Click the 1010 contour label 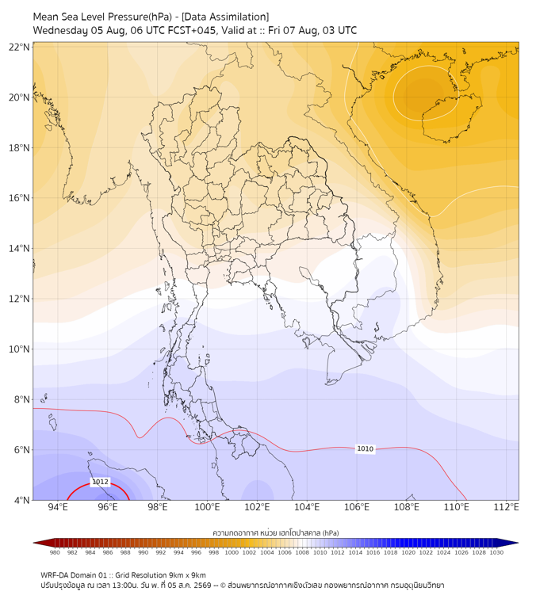(365, 448)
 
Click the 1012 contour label (100, 482)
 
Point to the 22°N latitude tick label (19, 47)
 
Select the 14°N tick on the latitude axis (19, 248)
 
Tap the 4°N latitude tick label (21, 500)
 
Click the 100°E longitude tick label (207, 507)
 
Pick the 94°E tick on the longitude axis (58, 507)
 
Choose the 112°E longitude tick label (506, 507)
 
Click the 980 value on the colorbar (55, 552)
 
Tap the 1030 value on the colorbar (496, 552)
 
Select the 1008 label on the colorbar (302, 552)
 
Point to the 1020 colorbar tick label (408, 552)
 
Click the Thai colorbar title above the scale (276, 532)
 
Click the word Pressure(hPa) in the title (140, 17)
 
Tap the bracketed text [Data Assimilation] (225, 17)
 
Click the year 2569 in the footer (202, 586)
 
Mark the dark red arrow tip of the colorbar (34, 543)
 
